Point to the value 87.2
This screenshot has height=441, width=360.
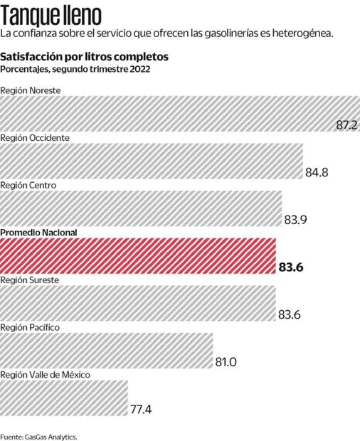click(346, 125)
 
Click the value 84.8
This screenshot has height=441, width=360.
click(316, 173)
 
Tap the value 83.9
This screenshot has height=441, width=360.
click(295, 220)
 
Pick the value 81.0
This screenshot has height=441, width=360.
click(226, 362)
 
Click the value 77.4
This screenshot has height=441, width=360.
click(141, 410)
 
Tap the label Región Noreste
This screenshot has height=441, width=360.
click(31, 90)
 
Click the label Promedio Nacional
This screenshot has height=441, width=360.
click(38, 233)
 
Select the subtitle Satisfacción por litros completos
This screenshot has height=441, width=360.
click(84, 56)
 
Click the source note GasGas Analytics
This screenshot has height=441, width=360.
click(38, 435)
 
